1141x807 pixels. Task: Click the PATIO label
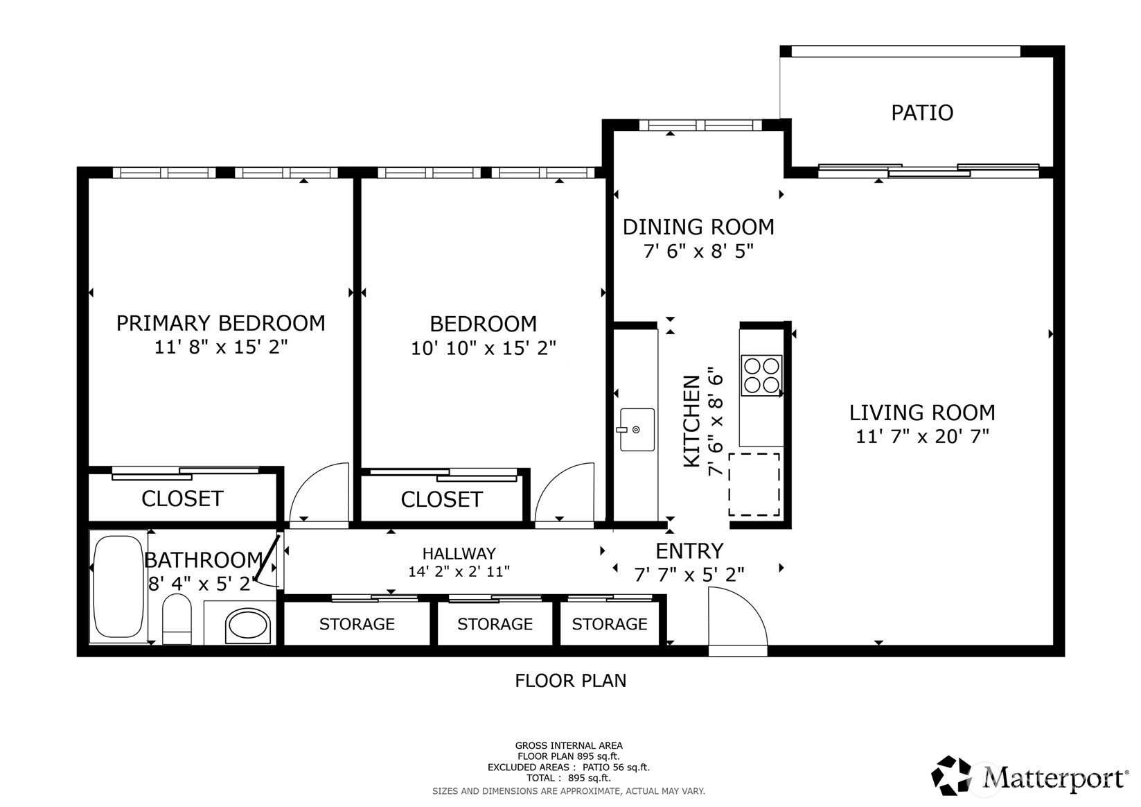coord(922,113)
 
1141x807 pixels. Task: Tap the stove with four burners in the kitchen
coord(761,375)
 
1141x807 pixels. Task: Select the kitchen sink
coord(637,429)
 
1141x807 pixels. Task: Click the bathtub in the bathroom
coord(118,587)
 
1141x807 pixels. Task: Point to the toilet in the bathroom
coord(177,619)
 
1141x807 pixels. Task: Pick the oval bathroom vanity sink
coord(247,624)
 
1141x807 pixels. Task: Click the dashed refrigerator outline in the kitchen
coord(754,485)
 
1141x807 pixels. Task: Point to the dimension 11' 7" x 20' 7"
coord(922,437)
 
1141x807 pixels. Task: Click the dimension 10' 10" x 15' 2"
coord(484,348)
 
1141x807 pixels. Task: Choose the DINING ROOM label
coord(698,227)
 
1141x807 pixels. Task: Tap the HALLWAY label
coord(459,554)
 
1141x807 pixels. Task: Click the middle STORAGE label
coord(495,624)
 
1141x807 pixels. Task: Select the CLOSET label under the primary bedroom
coord(182,498)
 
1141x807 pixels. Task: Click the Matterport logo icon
coord(951,775)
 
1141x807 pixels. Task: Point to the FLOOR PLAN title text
coord(571,681)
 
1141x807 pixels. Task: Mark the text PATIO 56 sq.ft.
coord(617,767)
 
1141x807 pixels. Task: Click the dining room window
coord(700,125)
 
